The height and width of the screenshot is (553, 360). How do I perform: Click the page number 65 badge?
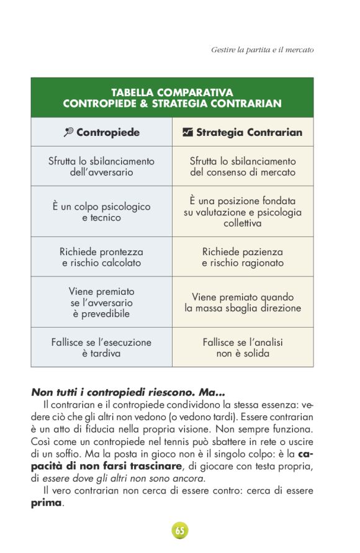click(x=180, y=531)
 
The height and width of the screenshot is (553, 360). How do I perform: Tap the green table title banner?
click(x=172, y=98)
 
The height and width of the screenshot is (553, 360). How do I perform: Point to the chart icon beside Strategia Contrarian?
click(x=187, y=132)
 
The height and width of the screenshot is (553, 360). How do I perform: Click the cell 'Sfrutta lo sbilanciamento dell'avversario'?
click(x=101, y=166)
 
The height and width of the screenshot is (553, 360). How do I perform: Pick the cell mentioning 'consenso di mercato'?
click(x=243, y=166)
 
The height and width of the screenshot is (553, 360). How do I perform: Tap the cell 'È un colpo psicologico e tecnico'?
click(x=101, y=212)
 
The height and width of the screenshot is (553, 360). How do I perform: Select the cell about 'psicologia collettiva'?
click(x=243, y=212)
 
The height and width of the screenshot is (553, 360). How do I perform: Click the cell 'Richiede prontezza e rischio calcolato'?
click(x=101, y=257)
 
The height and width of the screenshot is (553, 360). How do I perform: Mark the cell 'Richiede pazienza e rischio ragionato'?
click(x=243, y=257)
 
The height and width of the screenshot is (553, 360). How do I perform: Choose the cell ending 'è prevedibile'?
click(x=101, y=302)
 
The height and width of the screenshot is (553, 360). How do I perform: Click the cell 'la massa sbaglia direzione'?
click(x=243, y=302)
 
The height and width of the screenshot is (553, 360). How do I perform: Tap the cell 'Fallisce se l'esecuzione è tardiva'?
click(x=101, y=348)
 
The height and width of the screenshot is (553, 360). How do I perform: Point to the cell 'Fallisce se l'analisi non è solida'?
click(x=243, y=348)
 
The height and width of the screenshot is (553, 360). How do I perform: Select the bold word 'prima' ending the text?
click(x=47, y=503)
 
